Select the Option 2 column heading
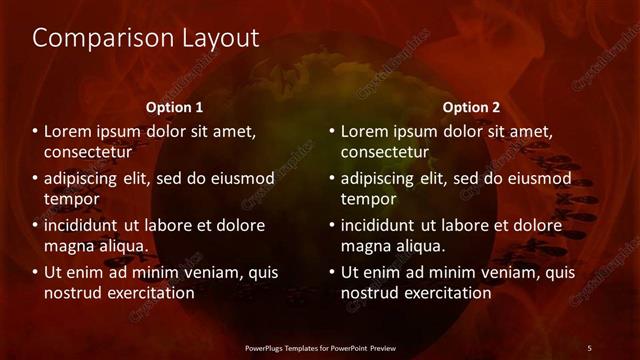click(471, 107)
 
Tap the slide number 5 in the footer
click(589, 348)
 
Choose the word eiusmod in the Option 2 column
click(539, 179)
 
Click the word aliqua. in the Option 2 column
click(419, 246)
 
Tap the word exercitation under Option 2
click(445, 293)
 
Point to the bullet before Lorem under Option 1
click(35, 131)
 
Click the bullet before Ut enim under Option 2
click(332, 272)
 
